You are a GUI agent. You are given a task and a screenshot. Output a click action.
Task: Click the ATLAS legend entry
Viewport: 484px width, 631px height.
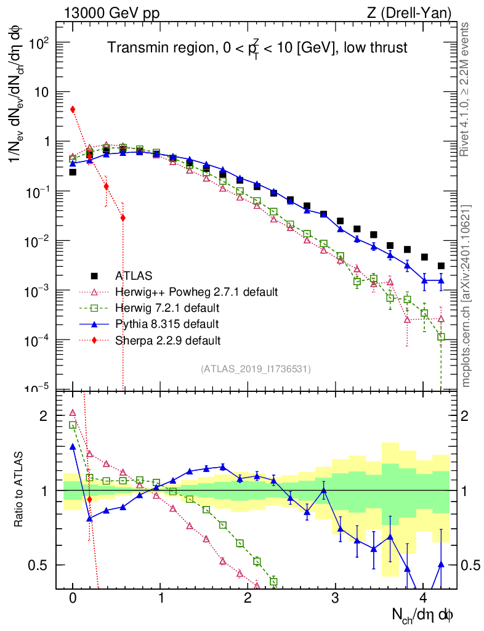tap(134, 275)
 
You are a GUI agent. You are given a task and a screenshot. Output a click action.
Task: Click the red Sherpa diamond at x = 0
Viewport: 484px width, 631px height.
tap(73, 109)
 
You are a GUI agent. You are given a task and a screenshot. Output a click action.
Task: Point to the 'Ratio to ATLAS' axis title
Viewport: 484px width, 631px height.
tap(20, 490)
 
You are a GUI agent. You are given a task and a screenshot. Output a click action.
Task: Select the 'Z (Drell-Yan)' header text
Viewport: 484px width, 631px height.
tap(416, 12)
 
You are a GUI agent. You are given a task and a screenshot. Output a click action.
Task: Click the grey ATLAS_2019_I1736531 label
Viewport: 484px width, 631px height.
tap(256, 369)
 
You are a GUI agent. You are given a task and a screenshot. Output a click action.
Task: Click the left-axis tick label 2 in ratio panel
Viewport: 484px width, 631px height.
tap(43, 415)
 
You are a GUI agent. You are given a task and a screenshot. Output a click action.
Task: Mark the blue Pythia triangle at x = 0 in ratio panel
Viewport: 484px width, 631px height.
tap(73, 447)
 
